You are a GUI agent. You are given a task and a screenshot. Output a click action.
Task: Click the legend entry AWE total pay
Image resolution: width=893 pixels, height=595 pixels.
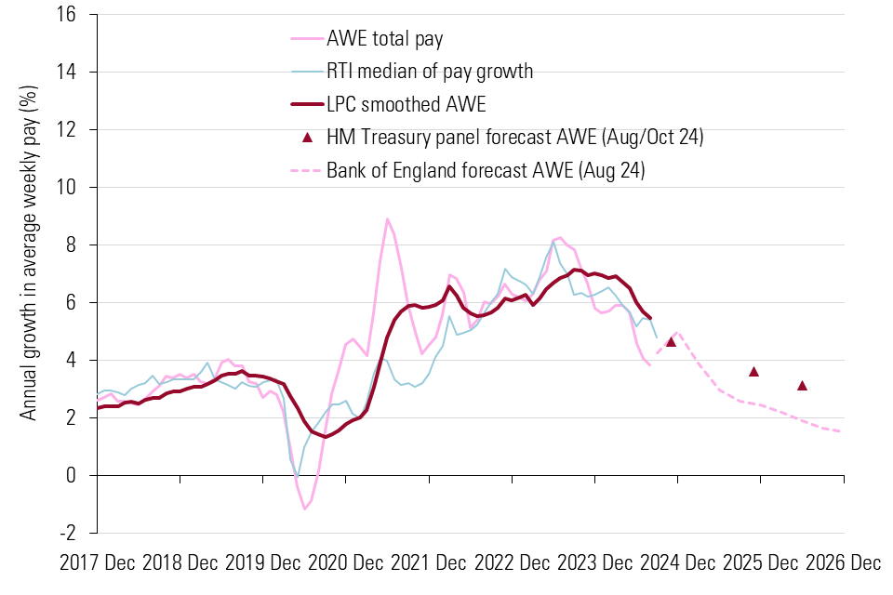384,39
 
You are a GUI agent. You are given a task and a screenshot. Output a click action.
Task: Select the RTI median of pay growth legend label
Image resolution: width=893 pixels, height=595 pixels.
430,71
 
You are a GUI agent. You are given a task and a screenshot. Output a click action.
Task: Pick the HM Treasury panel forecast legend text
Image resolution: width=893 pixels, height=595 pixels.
514,138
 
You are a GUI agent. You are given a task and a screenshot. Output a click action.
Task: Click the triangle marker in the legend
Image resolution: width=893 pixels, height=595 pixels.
306,138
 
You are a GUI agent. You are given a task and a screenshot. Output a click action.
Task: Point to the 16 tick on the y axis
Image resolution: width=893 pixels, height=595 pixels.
78,15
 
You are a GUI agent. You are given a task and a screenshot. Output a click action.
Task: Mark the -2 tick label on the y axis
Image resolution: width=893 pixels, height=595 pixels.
79,533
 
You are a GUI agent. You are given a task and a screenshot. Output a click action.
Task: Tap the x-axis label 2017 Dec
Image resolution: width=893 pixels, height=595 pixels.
97,562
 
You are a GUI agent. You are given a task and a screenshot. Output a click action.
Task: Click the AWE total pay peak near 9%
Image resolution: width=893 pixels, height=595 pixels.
387,219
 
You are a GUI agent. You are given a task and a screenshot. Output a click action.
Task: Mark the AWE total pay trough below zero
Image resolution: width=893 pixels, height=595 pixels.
304,509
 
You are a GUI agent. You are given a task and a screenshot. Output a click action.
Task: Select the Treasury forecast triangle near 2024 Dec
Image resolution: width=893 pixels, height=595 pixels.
671,342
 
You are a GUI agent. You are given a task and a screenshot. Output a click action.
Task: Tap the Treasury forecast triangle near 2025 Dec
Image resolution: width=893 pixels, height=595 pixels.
753,372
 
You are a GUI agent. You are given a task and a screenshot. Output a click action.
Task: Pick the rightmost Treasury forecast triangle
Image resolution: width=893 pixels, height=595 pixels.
802,386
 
